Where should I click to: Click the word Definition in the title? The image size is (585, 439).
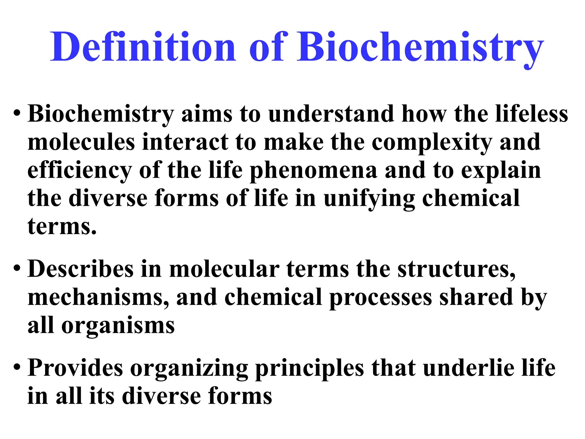(x=143, y=47)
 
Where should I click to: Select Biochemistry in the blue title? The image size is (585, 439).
(x=420, y=47)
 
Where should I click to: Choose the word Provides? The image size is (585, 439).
(x=75, y=368)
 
